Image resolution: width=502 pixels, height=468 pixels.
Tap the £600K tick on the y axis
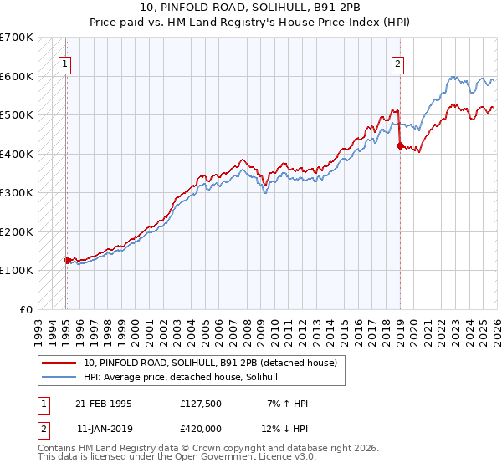17,76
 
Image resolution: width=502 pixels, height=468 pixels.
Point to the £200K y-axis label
17,231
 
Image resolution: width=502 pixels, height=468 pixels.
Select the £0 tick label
25,309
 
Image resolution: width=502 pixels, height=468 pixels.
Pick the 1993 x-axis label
38,328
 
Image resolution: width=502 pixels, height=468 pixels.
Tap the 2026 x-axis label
495,328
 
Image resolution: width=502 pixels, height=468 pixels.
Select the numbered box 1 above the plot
64,63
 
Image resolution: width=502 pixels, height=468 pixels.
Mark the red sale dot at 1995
67,260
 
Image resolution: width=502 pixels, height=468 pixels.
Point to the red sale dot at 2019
399,146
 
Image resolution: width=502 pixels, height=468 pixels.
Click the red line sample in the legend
59,363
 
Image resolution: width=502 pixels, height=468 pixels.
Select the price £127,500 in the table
201,404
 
